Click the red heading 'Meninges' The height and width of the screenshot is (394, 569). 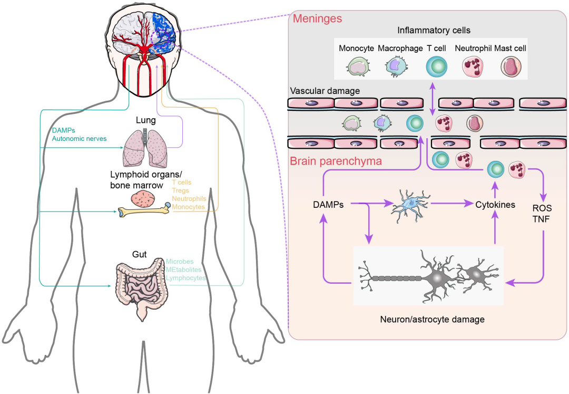coord(317,19)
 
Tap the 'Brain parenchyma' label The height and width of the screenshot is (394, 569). coord(336,161)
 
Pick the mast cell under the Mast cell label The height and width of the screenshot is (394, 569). coord(511,67)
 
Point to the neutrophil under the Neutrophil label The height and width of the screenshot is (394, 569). coord(472,67)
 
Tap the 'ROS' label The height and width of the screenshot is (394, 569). coord(542,208)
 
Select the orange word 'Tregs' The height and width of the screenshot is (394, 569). coord(181,190)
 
